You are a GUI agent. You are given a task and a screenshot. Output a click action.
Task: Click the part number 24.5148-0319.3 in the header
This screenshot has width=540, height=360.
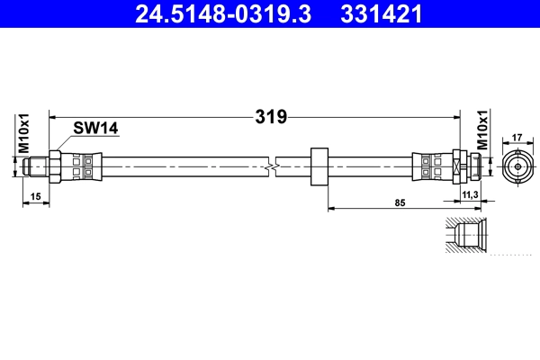click(223, 13)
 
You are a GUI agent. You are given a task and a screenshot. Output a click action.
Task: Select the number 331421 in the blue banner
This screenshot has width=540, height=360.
click(381, 13)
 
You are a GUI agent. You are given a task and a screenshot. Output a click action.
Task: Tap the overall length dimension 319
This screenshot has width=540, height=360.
click(271, 117)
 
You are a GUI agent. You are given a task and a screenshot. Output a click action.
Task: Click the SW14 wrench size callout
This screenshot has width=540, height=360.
click(95, 128)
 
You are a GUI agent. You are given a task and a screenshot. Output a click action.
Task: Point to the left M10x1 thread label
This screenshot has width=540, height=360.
click(23, 134)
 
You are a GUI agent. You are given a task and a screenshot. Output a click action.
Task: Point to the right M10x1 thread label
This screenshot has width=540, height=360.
click(482, 130)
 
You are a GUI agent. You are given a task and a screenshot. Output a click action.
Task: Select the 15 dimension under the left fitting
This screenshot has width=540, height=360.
click(35, 197)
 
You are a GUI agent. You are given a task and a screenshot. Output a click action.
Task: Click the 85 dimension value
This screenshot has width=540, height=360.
click(400, 202)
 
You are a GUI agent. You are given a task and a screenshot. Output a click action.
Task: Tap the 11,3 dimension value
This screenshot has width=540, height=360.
click(470, 195)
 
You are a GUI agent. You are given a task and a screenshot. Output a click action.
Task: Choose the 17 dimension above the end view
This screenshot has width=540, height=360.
click(517, 138)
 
